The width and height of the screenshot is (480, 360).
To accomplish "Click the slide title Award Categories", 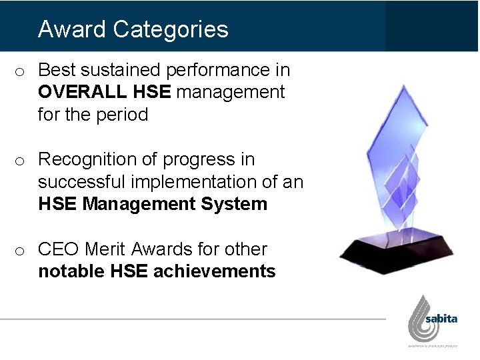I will tap(133, 29).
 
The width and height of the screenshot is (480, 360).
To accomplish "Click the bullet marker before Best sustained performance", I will tap(21, 71).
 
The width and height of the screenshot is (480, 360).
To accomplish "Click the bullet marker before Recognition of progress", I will tap(21, 161).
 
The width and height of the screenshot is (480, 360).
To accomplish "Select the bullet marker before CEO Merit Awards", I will tap(21, 251).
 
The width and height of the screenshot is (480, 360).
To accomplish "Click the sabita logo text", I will tap(441, 319).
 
